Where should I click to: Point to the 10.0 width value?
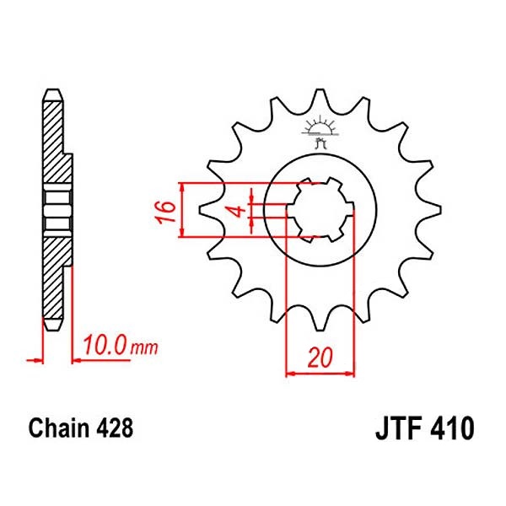click(x=105, y=347)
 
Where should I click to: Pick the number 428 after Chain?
click(x=114, y=428)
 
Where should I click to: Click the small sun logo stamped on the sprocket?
click(x=319, y=127)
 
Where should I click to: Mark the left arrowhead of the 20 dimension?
click(x=292, y=371)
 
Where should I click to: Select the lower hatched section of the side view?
click(x=53, y=278)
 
